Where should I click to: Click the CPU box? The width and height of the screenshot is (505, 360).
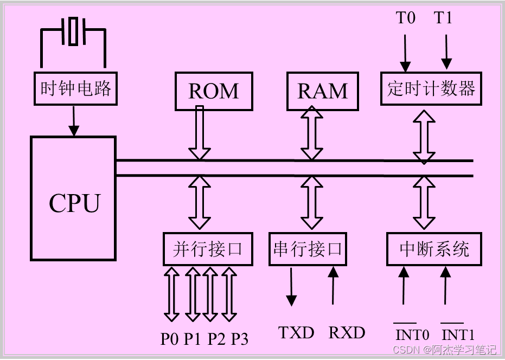73,198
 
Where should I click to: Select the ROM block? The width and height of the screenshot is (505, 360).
214,91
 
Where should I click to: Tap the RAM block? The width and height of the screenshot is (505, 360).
323,91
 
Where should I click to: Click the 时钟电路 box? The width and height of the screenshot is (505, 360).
76,88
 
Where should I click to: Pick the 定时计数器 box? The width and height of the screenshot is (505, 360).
431,88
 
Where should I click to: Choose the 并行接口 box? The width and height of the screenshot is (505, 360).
208,249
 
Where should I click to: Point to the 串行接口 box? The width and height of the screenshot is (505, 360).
308,249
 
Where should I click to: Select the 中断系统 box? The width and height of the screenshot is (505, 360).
434,249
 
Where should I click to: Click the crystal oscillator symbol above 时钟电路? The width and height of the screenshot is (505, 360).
73,30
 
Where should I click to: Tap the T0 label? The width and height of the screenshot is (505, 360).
405,18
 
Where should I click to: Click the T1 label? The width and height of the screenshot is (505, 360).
443,18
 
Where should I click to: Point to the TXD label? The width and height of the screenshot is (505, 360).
296,332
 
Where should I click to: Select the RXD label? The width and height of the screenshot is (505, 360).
347,332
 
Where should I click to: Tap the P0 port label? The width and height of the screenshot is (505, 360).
170,339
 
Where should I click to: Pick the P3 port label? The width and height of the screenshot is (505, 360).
239,339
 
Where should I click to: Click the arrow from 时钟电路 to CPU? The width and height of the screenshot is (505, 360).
73,120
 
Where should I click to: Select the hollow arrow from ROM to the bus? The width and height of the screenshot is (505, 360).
199,133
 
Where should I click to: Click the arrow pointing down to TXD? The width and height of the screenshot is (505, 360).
291,286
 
